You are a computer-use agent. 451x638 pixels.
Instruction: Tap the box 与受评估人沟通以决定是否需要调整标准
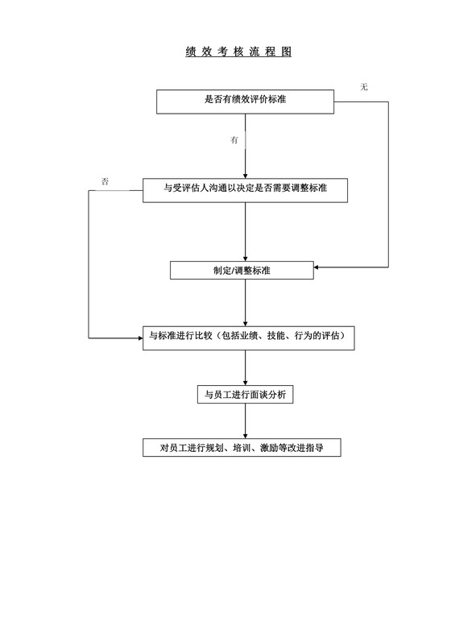click(x=245, y=189)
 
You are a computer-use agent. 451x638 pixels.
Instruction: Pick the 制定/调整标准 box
click(x=242, y=269)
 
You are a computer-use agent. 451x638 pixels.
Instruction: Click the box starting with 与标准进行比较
click(x=247, y=336)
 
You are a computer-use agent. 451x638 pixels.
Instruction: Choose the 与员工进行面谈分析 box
click(x=245, y=395)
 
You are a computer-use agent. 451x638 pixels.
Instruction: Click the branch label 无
click(x=364, y=86)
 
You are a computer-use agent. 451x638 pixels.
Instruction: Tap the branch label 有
click(x=234, y=140)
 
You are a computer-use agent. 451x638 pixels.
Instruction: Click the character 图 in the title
click(x=286, y=52)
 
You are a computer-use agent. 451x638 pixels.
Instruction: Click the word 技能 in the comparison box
click(x=275, y=336)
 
